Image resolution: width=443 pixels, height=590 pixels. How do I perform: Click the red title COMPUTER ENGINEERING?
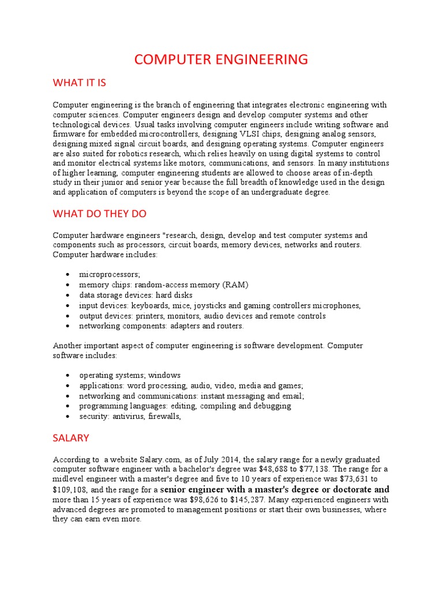[x=221, y=59]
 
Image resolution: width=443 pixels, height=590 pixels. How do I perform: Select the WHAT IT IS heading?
[x=80, y=83]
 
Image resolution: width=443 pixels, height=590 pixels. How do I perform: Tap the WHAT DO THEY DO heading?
[x=100, y=214]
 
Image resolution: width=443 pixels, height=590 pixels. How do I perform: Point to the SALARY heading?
[x=71, y=438]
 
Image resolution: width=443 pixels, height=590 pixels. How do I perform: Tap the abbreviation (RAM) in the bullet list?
[x=236, y=285]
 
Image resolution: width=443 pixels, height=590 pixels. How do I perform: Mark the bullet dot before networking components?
[x=68, y=327]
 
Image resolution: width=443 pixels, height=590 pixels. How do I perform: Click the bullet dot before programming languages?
[x=68, y=406]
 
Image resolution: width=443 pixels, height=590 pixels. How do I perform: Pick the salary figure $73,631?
[x=346, y=479]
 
